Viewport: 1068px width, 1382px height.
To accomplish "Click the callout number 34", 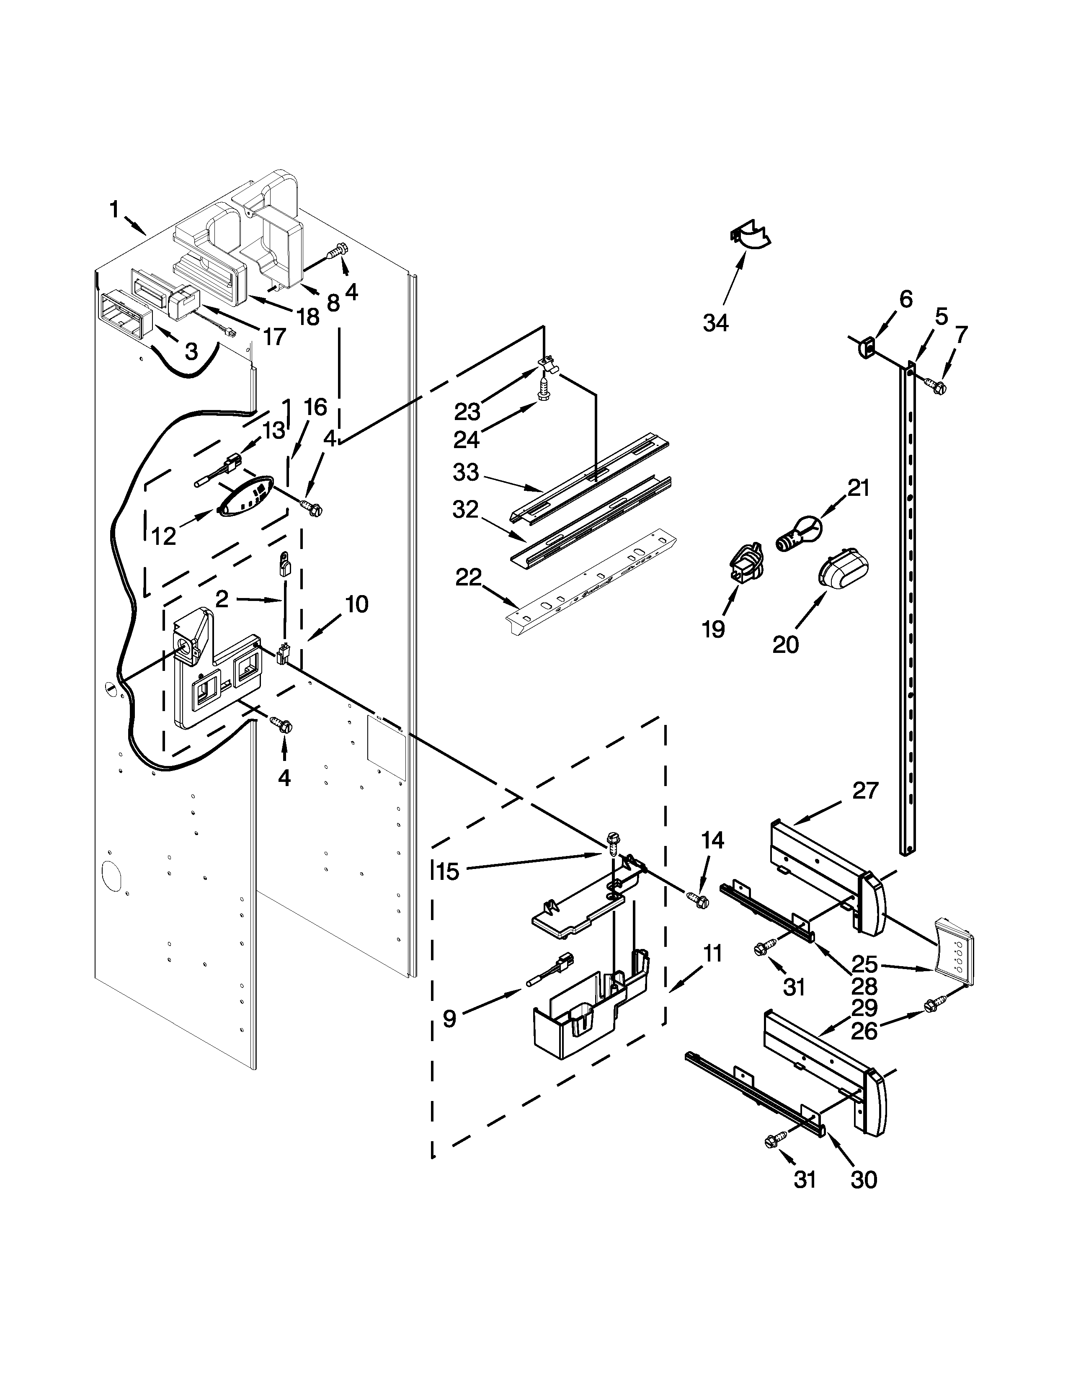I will [716, 323].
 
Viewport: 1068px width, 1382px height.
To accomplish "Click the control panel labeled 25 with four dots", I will [955, 961].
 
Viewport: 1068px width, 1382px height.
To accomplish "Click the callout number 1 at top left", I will [114, 209].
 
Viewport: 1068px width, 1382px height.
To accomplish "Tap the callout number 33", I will [466, 473].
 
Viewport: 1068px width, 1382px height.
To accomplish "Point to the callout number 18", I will [308, 316].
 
